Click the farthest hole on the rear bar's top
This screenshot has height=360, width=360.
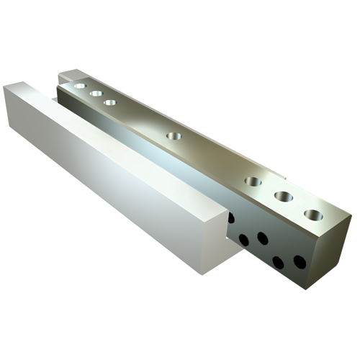pyautogui.click(x=79, y=85)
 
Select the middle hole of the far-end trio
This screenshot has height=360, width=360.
pyautogui.click(x=94, y=93)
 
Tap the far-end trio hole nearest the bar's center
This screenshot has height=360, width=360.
pyautogui.click(x=110, y=102)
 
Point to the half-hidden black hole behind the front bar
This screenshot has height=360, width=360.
pyautogui.click(x=230, y=217)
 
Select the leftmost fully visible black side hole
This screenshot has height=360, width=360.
pyautogui.click(x=245, y=239)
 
